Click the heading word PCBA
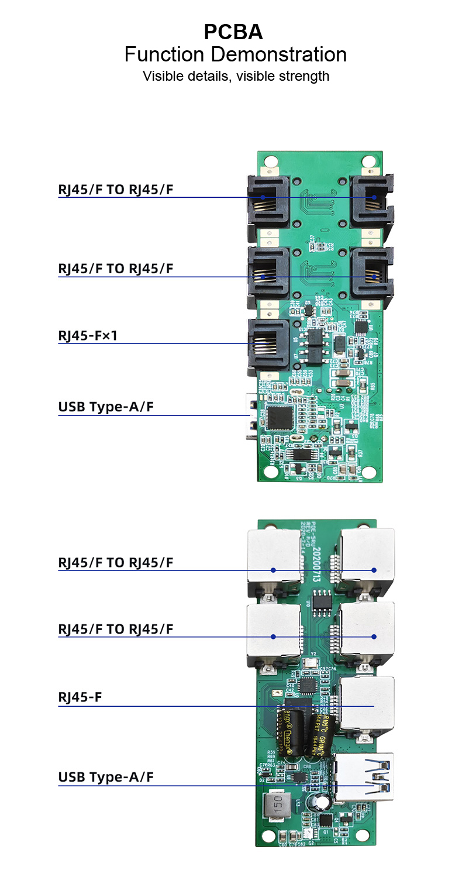233,32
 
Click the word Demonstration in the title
278,54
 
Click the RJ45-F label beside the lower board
80,697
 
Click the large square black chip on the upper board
280,417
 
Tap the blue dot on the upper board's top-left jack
263,197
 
